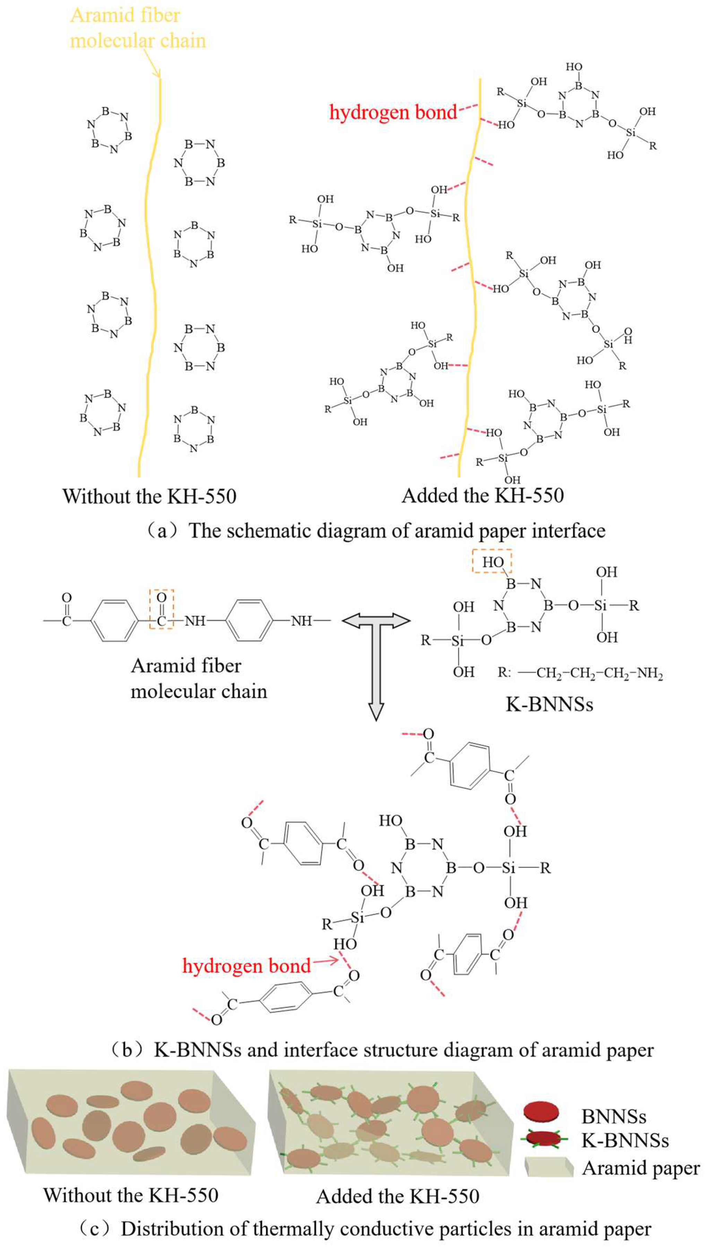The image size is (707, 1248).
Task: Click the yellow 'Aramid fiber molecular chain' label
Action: click(138, 28)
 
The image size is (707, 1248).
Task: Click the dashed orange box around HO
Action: click(492, 561)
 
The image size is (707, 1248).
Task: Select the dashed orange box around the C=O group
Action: click(161, 609)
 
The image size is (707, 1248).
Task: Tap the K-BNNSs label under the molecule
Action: click(549, 704)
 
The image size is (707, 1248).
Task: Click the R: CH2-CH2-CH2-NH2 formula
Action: click(580, 673)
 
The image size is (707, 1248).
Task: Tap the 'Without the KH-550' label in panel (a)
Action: click(149, 496)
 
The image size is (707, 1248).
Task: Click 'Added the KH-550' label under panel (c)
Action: click(397, 1196)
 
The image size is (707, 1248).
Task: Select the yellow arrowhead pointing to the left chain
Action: click(156, 73)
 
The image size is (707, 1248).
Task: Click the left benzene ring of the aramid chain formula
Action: click(114, 620)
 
